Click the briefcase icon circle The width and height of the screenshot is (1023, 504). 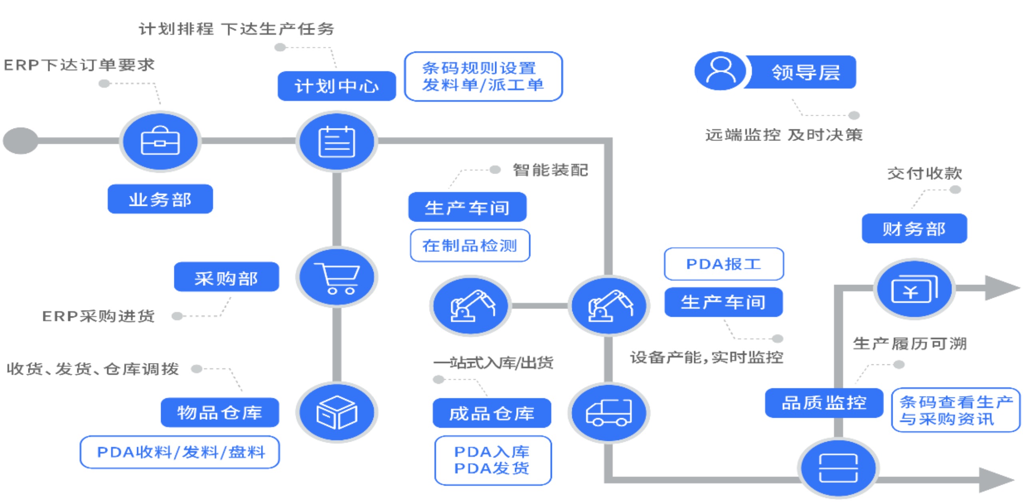160,141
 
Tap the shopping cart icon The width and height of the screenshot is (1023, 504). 337,277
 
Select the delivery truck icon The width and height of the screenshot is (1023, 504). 609,413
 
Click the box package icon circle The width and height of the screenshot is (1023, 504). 337,413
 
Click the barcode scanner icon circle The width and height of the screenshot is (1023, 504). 838,468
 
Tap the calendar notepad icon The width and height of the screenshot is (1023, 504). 337,141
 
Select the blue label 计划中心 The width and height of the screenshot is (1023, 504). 336,86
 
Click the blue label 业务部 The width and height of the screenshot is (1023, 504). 160,199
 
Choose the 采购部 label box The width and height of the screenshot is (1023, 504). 226,277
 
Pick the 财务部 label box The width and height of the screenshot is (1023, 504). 914,229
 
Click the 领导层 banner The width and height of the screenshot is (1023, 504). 803,72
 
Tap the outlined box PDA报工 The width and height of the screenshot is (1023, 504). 723,264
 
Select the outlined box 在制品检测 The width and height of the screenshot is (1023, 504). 470,245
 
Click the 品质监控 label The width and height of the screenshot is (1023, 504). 824,403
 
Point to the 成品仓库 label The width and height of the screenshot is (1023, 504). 492,413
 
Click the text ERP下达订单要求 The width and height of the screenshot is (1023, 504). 79,65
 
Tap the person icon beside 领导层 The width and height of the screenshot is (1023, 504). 720,71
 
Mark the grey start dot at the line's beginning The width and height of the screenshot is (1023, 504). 20,140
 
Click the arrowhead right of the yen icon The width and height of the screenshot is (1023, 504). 1001,288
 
